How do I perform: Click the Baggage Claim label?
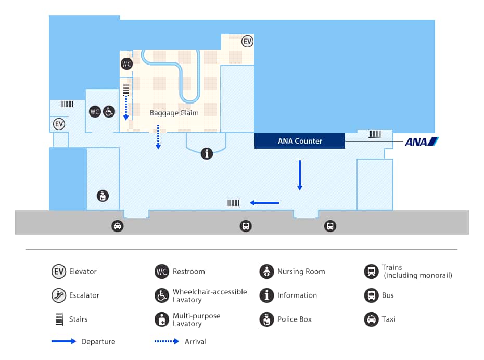point(174,113)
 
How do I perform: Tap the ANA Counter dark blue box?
point(300,141)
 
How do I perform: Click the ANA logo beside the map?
point(422,142)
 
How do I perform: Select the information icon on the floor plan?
point(207,153)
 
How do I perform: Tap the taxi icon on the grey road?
point(118,226)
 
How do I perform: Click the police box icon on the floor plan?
point(103,196)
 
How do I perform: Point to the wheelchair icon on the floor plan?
point(109,111)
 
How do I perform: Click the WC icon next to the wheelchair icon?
point(95,111)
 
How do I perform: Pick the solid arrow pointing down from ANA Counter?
point(300,175)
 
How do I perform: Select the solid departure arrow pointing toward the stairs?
point(264,203)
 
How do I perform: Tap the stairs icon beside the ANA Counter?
point(375,134)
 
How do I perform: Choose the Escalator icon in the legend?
point(59,295)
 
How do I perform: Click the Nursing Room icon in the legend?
point(266,272)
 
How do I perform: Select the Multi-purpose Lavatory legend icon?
point(162,319)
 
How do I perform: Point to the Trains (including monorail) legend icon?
point(371,272)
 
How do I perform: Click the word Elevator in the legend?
point(83,272)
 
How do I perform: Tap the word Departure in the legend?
point(98,342)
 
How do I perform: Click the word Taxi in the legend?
point(388,319)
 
